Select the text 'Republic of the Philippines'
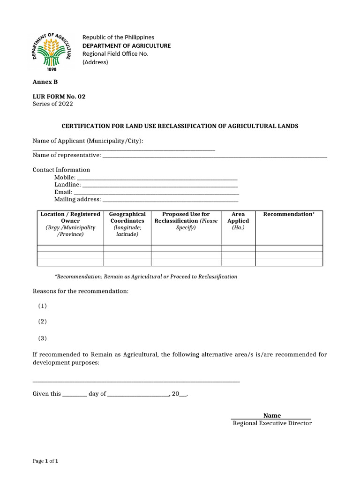pos(118,37)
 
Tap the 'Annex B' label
pos(45,82)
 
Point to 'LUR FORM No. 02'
pos(59,97)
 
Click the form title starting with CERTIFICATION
pos(180,126)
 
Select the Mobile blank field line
pos(157,178)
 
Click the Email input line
pos(157,193)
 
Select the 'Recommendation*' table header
pos(289,214)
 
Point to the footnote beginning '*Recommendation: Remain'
pos(146,277)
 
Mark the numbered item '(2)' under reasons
pos(43,322)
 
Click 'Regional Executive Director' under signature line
pos(272,423)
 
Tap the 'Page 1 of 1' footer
pos(45,461)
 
